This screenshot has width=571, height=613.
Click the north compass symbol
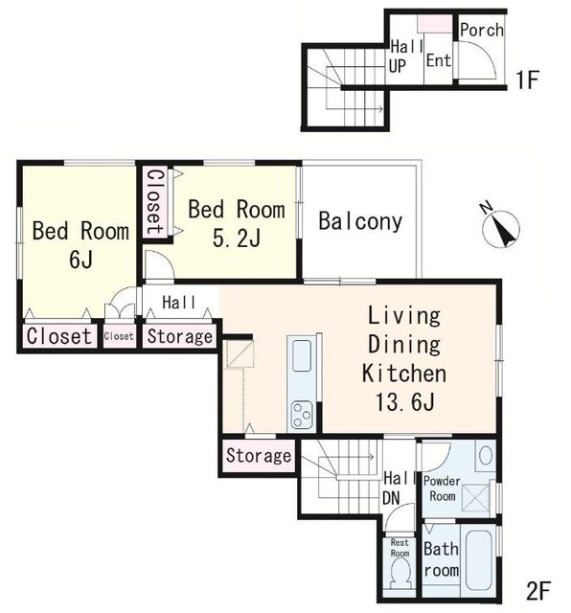(500, 229)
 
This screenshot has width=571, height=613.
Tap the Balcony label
(360, 221)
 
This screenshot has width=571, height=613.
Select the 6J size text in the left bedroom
(81, 260)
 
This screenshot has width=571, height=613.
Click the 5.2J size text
(237, 238)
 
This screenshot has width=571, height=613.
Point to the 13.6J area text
(405, 401)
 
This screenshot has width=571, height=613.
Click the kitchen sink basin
(302, 356)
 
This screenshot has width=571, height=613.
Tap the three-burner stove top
(302, 416)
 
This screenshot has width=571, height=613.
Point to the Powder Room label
(442, 488)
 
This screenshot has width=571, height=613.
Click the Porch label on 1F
(482, 30)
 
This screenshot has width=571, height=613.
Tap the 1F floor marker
(527, 79)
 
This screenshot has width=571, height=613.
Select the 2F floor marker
(538, 591)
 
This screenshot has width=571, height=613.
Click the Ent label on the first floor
(439, 60)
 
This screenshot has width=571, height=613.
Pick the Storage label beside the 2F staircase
(259, 456)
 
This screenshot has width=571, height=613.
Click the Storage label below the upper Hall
(180, 336)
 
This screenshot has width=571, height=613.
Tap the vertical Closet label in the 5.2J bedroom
(154, 202)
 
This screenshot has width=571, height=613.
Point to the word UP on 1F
(398, 66)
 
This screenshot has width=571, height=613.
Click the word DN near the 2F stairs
(391, 498)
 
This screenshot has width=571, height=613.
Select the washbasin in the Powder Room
(486, 456)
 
